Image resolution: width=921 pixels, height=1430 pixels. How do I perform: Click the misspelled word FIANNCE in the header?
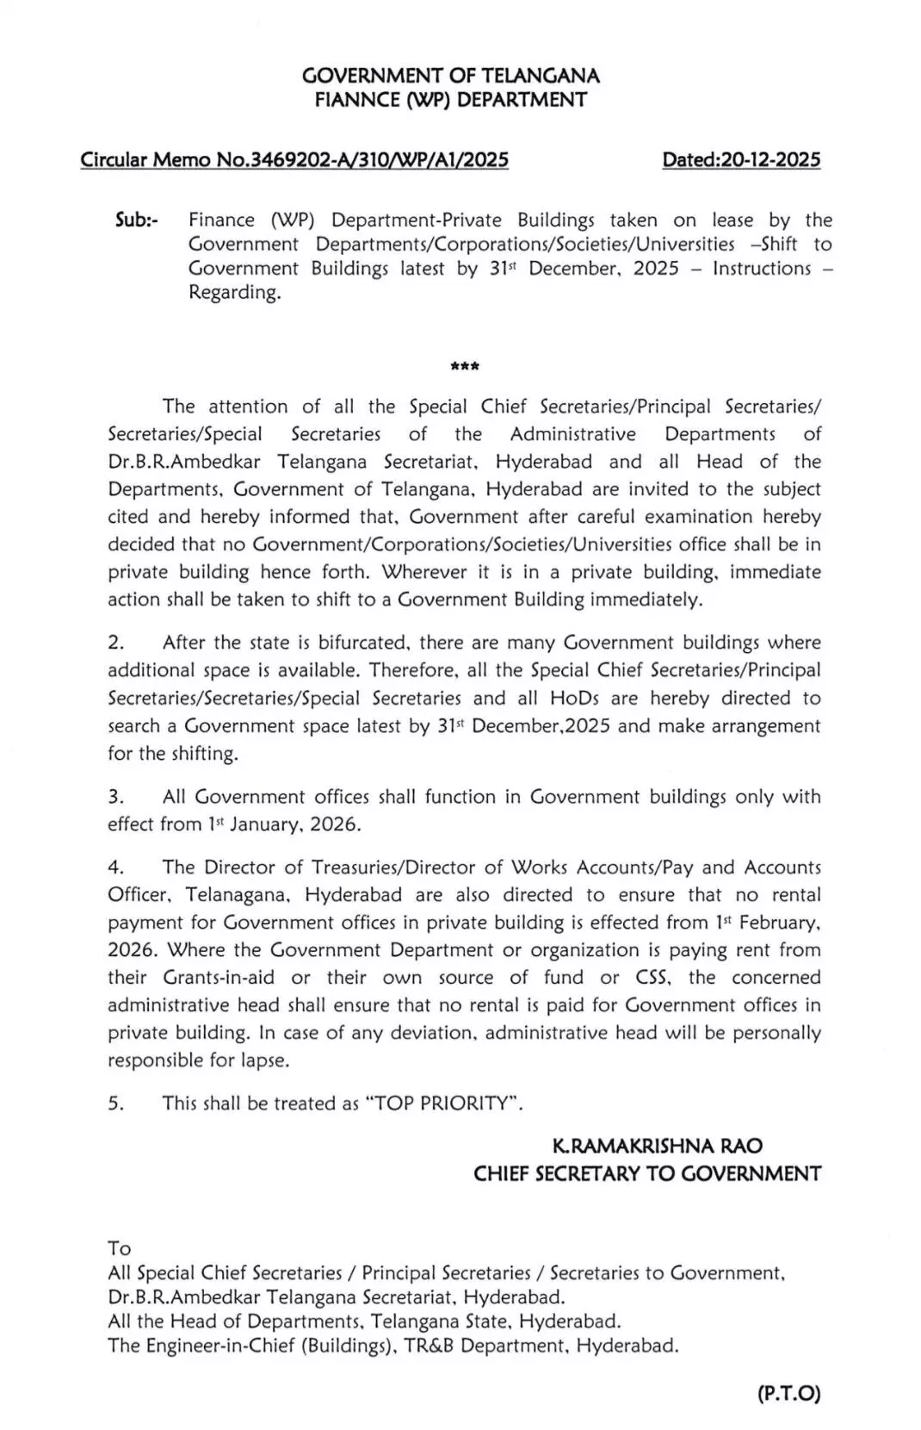pos(355,100)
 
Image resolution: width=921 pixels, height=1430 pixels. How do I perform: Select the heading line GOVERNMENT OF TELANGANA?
pos(451,76)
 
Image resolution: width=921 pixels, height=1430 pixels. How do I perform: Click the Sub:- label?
pos(137,220)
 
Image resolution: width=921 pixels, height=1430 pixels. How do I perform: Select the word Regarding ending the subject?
pos(234,293)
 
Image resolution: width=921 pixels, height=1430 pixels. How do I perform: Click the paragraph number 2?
pos(116,643)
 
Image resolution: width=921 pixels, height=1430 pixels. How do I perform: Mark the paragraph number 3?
pos(116,797)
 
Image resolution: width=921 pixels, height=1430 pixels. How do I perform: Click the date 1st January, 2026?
pos(283,824)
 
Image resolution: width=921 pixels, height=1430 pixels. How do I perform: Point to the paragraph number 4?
pos(116,867)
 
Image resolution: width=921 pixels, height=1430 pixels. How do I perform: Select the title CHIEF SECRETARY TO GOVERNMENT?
pos(647,1174)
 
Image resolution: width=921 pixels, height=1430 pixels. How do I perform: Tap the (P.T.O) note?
pos(789,1394)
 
